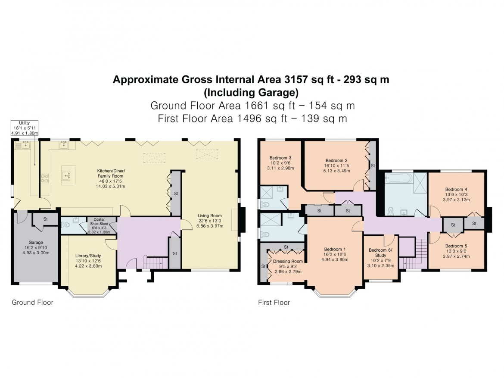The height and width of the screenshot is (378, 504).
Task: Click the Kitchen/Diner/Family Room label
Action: point(110,172)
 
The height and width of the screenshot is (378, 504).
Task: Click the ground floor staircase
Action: point(154,262)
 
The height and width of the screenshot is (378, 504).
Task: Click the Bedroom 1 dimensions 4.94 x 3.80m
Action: point(336,259)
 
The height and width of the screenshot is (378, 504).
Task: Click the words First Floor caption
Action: point(274,303)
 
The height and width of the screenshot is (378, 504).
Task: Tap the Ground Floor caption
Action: point(32,303)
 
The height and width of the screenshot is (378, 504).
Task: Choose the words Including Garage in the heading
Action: point(252,92)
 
